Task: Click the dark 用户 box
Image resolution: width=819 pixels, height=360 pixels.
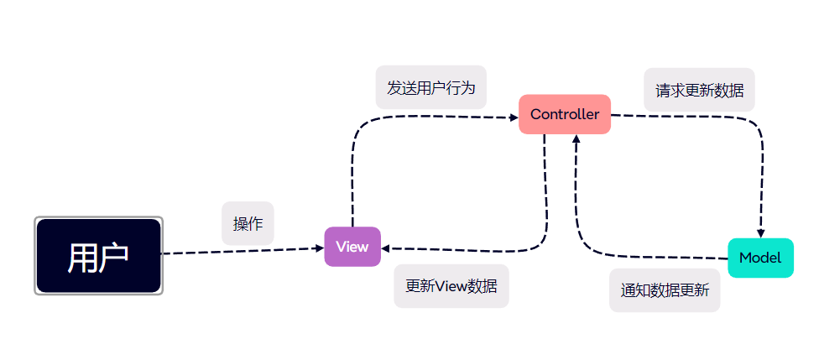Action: [98, 256]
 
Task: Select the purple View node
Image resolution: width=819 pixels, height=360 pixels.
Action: [352, 247]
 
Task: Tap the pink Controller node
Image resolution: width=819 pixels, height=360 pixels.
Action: [564, 114]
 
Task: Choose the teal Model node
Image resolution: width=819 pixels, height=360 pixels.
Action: [760, 258]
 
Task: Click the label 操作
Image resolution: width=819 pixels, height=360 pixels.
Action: [248, 223]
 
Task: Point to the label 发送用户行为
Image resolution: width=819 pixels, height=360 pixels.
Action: [430, 88]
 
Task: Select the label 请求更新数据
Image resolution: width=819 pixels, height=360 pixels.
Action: [699, 90]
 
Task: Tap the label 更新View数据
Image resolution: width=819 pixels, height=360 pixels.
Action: [451, 285]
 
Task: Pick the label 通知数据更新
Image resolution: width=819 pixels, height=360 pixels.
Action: [664, 290]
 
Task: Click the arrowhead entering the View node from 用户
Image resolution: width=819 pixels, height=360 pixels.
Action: [319, 248]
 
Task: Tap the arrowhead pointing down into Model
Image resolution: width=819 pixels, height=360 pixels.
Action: [761, 233]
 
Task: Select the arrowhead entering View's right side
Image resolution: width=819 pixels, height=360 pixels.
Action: [387, 248]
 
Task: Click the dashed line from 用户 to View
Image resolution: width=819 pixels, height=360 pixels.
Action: [239, 250]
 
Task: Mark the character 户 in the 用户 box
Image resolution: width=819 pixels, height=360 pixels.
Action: [113, 257]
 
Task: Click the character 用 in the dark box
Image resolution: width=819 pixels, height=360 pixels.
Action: [82, 257]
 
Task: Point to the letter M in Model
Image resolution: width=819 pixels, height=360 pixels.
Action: [744, 258]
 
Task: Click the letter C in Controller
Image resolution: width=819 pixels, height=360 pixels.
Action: [535, 115]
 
